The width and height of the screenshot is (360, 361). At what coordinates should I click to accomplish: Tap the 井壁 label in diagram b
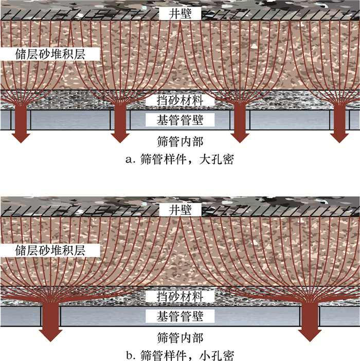pyautogui.click(x=179, y=209)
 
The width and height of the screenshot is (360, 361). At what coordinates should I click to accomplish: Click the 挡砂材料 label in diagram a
pyautogui.click(x=179, y=100)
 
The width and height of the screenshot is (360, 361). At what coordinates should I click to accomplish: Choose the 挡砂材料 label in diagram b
pyautogui.click(x=179, y=297)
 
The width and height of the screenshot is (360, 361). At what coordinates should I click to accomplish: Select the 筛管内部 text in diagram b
pyautogui.click(x=179, y=337)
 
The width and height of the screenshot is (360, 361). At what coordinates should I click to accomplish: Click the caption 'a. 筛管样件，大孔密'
pyautogui.click(x=179, y=159)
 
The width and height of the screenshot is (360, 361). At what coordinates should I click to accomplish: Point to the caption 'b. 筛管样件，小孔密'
pyautogui.click(x=179, y=355)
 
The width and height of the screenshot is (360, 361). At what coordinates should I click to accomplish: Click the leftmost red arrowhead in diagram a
pyautogui.click(x=21, y=135)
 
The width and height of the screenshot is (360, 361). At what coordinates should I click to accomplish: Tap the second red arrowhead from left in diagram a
pyautogui.click(x=120, y=135)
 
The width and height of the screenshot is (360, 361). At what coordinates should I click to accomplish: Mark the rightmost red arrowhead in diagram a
pyautogui.click(x=339, y=135)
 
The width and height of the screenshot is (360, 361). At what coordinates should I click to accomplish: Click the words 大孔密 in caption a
pyautogui.click(x=219, y=159)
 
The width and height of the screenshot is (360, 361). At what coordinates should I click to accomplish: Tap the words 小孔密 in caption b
pyautogui.click(x=219, y=355)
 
